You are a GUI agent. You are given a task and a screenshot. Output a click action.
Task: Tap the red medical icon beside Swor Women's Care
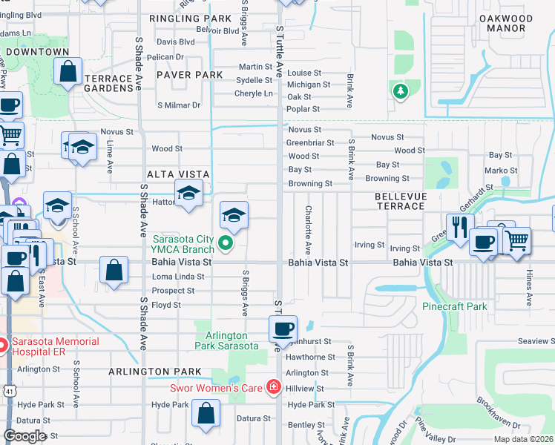point(274,386)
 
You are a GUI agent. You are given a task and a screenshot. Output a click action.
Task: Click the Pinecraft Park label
point(455,306)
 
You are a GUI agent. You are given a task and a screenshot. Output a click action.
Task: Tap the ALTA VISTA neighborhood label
point(178,174)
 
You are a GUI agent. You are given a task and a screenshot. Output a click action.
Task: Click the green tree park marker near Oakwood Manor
point(401,91)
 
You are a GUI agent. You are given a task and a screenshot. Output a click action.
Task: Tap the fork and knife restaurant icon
point(460,225)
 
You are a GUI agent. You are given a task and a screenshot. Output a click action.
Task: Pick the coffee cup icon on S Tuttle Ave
point(283,328)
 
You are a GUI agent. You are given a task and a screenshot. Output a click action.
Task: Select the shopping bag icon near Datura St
point(206,412)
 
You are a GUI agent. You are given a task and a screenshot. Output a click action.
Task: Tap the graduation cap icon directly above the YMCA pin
point(234,215)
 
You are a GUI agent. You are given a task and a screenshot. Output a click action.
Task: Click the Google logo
point(24,436)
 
